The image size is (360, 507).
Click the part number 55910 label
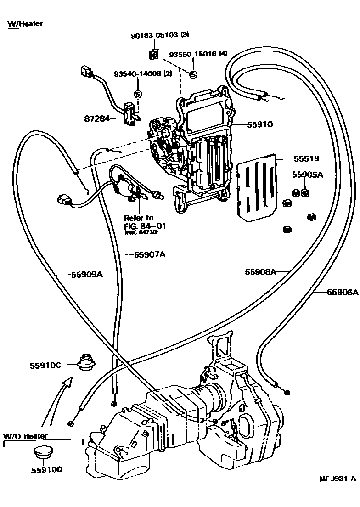(x=260, y=124)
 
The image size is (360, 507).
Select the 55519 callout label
(x=307, y=158)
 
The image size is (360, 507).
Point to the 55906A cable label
(x=342, y=292)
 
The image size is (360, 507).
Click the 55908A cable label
(x=260, y=272)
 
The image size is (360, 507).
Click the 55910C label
(x=45, y=366)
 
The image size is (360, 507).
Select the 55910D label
(x=47, y=470)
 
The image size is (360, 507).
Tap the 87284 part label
(x=97, y=118)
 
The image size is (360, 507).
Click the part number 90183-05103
(x=154, y=35)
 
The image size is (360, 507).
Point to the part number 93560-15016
(x=192, y=54)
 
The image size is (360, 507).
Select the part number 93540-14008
(x=136, y=73)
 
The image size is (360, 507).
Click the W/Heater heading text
(x=26, y=23)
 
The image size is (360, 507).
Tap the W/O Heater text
(x=26, y=436)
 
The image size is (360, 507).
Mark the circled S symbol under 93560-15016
(x=193, y=74)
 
